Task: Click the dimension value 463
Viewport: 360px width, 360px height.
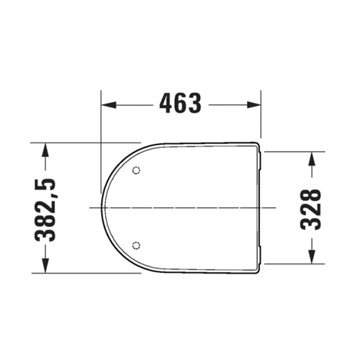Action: tap(179, 104)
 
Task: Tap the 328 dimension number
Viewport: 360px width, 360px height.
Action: tap(310, 208)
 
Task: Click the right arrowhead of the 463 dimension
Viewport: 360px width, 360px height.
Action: tap(253, 104)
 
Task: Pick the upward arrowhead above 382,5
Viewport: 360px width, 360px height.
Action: tap(47, 148)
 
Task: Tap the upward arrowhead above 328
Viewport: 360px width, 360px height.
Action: tap(311, 157)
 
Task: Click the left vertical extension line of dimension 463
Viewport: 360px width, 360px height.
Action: tap(101, 144)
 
